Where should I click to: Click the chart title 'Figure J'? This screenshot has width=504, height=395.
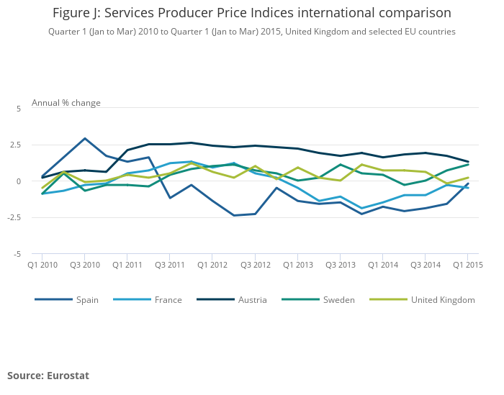click(252, 13)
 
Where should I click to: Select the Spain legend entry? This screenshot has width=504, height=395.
click(87, 300)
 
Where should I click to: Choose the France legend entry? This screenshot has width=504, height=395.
click(168, 300)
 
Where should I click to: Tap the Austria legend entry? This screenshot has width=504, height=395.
click(252, 300)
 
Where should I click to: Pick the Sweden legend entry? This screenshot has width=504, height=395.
click(338, 300)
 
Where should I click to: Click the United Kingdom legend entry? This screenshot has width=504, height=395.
click(442, 300)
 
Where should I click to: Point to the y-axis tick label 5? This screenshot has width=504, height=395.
click(19, 109)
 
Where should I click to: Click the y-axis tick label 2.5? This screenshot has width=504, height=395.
click(16, 145)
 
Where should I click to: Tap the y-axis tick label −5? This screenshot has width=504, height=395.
click(18, 254)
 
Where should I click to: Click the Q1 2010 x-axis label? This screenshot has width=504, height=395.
click(42, 265)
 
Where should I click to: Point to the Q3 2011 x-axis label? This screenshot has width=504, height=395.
click(170, 265)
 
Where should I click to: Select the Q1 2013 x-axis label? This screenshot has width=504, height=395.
click(297, 265)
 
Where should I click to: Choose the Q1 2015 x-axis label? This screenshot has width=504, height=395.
click(467, 265)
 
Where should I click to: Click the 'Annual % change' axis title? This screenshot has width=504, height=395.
click(66, 103)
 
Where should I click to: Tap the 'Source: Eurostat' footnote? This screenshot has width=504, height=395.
click(48, 376)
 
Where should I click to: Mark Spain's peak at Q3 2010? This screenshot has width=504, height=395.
click(85, 138)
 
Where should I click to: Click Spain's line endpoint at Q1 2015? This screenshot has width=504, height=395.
click(467, 183)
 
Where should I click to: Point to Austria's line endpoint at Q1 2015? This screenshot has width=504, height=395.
click(467, 162)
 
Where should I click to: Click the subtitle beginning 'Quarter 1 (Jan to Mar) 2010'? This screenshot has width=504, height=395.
click(252, 32)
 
